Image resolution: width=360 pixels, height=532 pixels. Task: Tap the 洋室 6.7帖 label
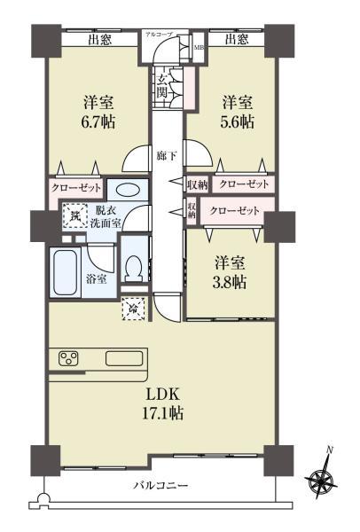[x=99, y=110]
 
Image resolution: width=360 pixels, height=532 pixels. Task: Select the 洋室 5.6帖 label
[x=237, y=110]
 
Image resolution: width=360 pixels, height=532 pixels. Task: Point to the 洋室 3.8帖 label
[x=230, y=272]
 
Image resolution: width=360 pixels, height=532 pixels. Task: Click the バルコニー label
[x=161, y=486]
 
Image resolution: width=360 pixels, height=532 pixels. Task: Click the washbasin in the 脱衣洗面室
[x=127, y=188]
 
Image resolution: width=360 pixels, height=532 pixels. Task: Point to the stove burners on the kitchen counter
[x=69, y=359]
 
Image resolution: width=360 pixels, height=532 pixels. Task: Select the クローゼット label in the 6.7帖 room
[x=76, y=188]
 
